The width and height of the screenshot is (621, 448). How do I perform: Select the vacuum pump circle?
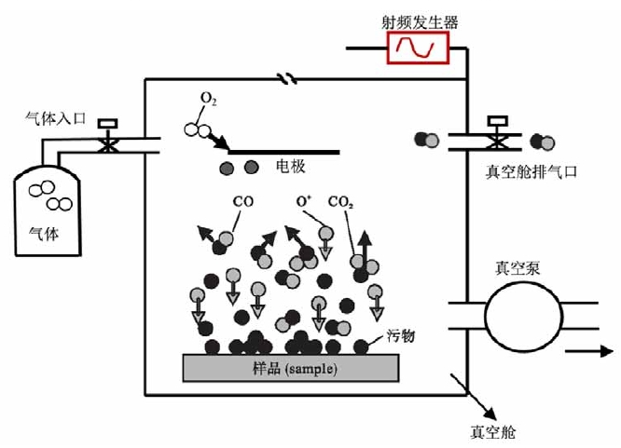[x=517, y=314]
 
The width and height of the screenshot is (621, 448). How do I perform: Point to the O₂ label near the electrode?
[x=208, y=99]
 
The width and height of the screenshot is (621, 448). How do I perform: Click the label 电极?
[x=290, y=168]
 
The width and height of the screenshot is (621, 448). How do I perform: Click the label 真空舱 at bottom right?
[x=493, y=432]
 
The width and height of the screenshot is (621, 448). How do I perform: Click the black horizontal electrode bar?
[x=283, y=151]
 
